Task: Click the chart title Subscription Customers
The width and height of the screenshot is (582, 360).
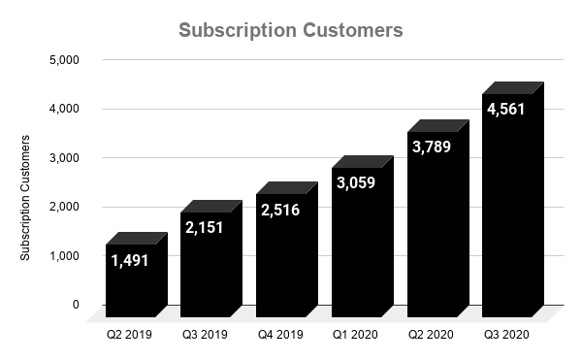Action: point(291,30)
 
